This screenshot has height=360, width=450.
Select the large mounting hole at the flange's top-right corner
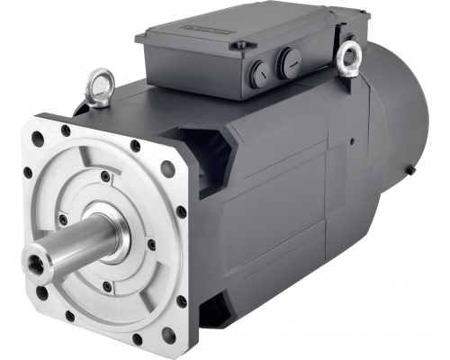[x=167, y=167]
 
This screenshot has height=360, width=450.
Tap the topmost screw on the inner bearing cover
[x=106, y=175]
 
